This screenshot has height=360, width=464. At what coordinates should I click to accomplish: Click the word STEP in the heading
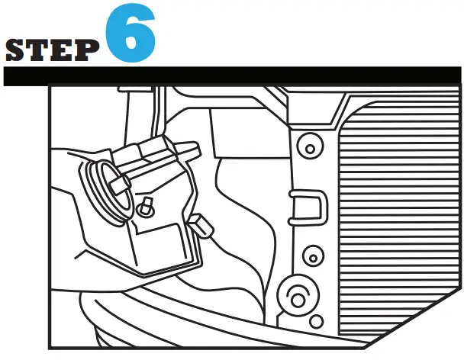tap(52, 50)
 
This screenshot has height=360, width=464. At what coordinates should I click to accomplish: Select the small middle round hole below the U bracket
tap(310, 253)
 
